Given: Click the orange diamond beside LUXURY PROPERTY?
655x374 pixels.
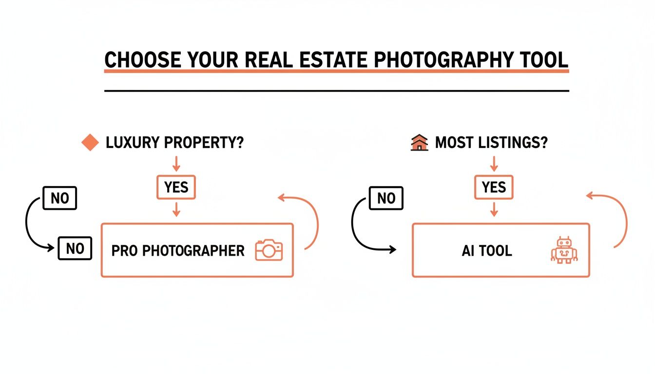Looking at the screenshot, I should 90,143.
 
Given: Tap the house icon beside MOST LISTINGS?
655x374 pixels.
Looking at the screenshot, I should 419,143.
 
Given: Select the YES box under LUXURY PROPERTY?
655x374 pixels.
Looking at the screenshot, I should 176,187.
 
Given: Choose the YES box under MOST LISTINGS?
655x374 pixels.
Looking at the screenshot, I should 493,187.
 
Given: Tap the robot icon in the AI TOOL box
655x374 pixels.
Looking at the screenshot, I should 564,250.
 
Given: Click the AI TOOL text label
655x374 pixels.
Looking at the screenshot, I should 486,251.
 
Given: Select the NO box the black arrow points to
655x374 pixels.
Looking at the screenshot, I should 75,248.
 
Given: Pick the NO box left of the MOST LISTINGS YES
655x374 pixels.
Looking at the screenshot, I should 386,198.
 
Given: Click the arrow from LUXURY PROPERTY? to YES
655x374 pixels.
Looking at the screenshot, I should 176,163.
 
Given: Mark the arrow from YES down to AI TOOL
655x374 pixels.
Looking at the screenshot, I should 494,209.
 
